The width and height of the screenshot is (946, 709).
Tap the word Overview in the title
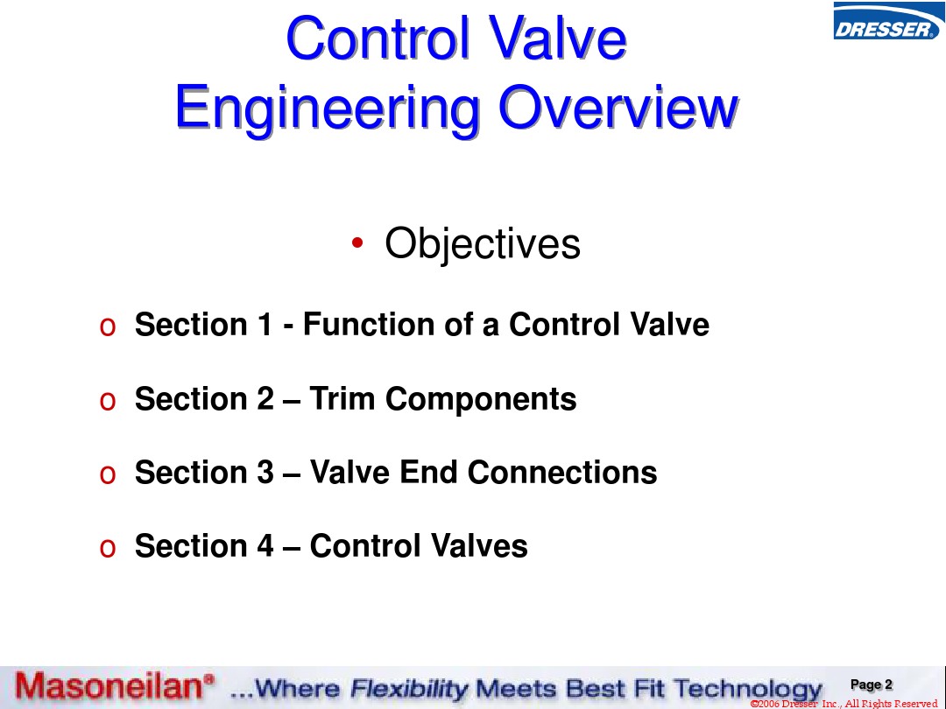pos(618,107)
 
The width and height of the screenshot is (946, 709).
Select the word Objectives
pos(483,244)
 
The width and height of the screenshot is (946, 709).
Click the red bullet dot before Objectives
pos(357,242)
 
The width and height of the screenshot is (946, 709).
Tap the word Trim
pos(342,398)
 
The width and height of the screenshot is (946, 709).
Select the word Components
pos(481,400)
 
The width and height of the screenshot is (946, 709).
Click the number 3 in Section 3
pos(265,472)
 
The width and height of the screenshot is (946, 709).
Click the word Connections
pos(562,472)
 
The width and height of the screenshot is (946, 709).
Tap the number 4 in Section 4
pos(265,545)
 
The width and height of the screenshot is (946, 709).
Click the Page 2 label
pos(872,684)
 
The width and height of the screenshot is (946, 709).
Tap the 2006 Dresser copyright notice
pos(844,704)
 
